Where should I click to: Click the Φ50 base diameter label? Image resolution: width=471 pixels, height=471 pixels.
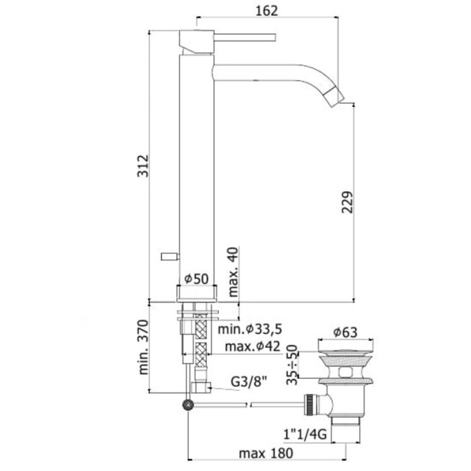pos(196,279)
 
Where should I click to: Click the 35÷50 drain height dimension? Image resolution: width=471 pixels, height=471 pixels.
pos(291,363)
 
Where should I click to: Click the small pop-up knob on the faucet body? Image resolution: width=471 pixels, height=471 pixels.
pos(169,255)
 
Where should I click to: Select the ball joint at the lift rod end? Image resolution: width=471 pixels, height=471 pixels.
pos(188,404)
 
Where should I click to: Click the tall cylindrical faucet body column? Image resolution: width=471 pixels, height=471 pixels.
pos(196,168)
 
